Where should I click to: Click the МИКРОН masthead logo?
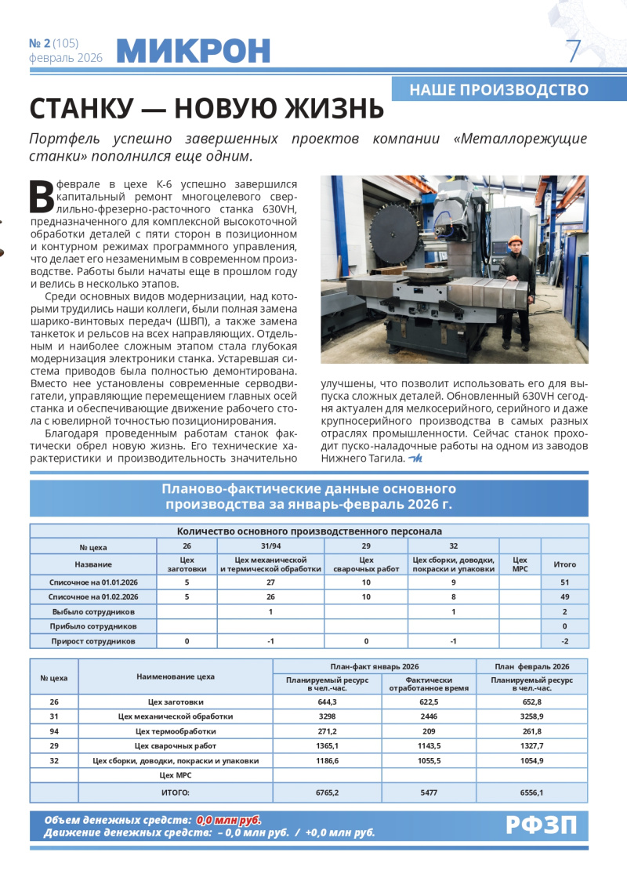(x=193, y=51)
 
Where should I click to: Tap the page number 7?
(x=574, y=52)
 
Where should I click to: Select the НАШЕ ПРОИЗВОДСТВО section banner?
(x=499, y=89)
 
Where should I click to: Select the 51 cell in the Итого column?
(x=564, y=582)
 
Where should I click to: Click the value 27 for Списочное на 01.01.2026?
(x=270, y=582)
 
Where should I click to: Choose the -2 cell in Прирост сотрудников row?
(x=564, y=641)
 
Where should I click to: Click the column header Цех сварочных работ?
(x=366, y=564)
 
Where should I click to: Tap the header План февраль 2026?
(x=531, y=665)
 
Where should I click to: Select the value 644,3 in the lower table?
(x=327, y=702)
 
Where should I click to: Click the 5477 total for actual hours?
(x=429, y=792)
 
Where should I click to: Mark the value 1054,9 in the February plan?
(x=531, y=760)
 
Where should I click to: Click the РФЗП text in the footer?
(x=541, y=825)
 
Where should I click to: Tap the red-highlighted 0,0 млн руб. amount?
(x=228, y=819)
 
